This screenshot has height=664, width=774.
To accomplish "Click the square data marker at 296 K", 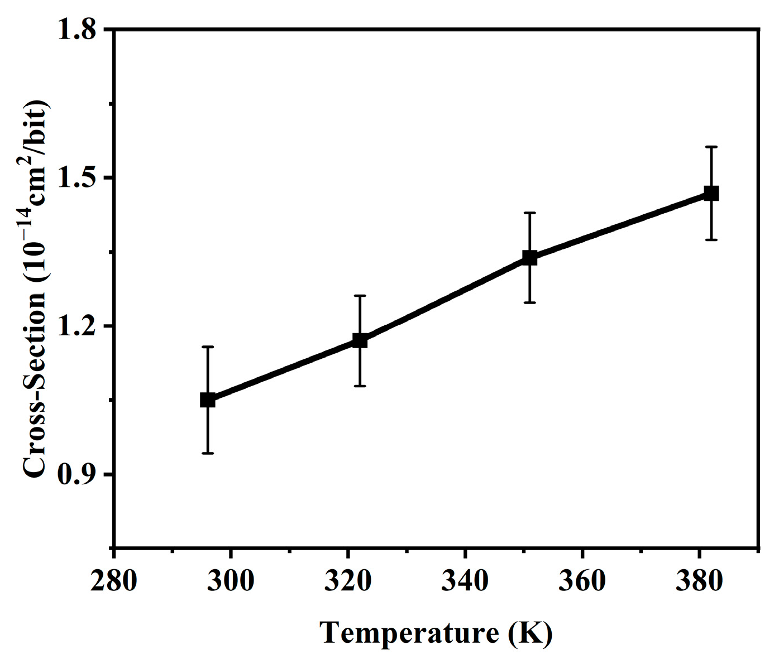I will tap(208, 400).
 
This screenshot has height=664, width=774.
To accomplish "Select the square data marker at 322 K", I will tap(360, 340).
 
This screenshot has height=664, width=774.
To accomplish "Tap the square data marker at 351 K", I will tap(529, 258).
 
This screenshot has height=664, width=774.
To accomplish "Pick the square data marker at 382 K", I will tap(711, 194).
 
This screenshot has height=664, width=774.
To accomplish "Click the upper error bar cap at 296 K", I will tap(208, 347).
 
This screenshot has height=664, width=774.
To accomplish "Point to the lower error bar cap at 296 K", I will tap(208, 453).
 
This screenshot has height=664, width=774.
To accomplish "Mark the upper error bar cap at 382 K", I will tap(711, 147).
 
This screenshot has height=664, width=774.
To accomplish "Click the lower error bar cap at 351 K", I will tap(529, 302).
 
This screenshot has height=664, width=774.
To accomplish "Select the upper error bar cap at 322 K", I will tap(360, 295).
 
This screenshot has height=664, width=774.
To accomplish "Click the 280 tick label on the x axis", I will tap(113, 581).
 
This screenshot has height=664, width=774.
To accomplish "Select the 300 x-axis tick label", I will tap(231, 581).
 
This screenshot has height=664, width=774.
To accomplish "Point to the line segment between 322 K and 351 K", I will tap(445, 299).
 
